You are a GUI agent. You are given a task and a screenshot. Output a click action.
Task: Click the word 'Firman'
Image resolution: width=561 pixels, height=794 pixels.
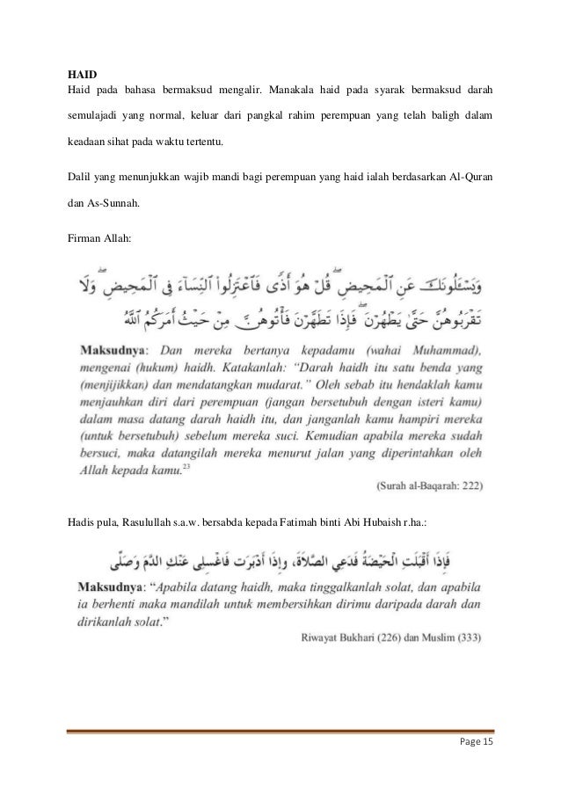(x=85, y=237)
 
